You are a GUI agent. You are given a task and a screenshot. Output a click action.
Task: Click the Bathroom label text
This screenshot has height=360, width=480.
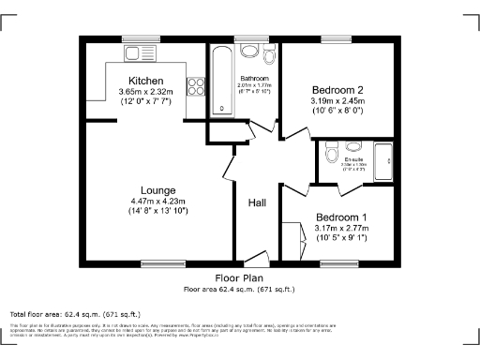tap(254, 78)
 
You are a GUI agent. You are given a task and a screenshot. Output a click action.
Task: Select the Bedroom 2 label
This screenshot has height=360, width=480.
tap(337, 90)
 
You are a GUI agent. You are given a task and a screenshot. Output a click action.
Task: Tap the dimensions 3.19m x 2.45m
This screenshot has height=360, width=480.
tap(337, 100)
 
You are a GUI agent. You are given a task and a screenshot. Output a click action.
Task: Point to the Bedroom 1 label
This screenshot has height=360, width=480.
tap(341, 217)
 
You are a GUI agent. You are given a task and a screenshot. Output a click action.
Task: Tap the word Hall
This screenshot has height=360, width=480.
tap(258, 202)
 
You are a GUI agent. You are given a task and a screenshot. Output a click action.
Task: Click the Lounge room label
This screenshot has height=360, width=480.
tap(158, 190)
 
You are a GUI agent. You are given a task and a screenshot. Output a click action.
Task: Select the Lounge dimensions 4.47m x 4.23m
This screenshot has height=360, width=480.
tap(158, 201)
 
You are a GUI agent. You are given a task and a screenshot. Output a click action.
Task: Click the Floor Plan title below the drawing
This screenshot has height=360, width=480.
tap(239, 278)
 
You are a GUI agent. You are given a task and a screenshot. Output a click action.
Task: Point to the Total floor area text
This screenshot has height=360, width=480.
tap(75, 313)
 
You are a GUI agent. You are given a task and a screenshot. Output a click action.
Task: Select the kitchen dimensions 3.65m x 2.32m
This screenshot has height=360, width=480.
tap(145, 91)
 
